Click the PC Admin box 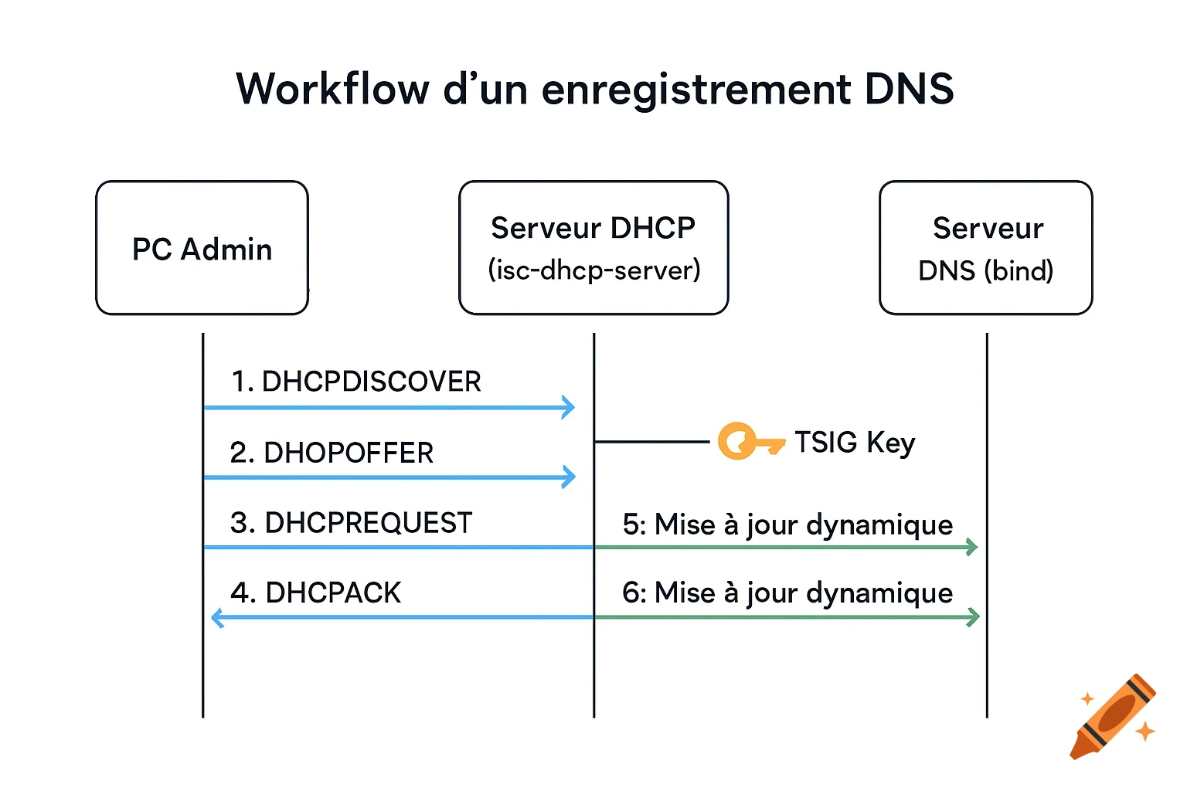202,248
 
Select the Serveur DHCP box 593,247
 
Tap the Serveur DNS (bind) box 985,248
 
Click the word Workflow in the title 332,89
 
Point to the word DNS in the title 909,89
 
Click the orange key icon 748,442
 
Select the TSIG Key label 855,443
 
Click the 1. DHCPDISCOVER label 356,382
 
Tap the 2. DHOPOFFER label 332,453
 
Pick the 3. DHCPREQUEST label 351,523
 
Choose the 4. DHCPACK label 315,592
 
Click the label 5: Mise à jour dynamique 787,525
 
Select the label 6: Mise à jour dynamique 787,592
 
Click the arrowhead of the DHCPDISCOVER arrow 569,407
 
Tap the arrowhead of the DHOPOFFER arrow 569,477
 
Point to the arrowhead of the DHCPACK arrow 218,617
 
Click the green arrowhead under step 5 972,547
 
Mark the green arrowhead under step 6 973,616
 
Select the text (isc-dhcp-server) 593,270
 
